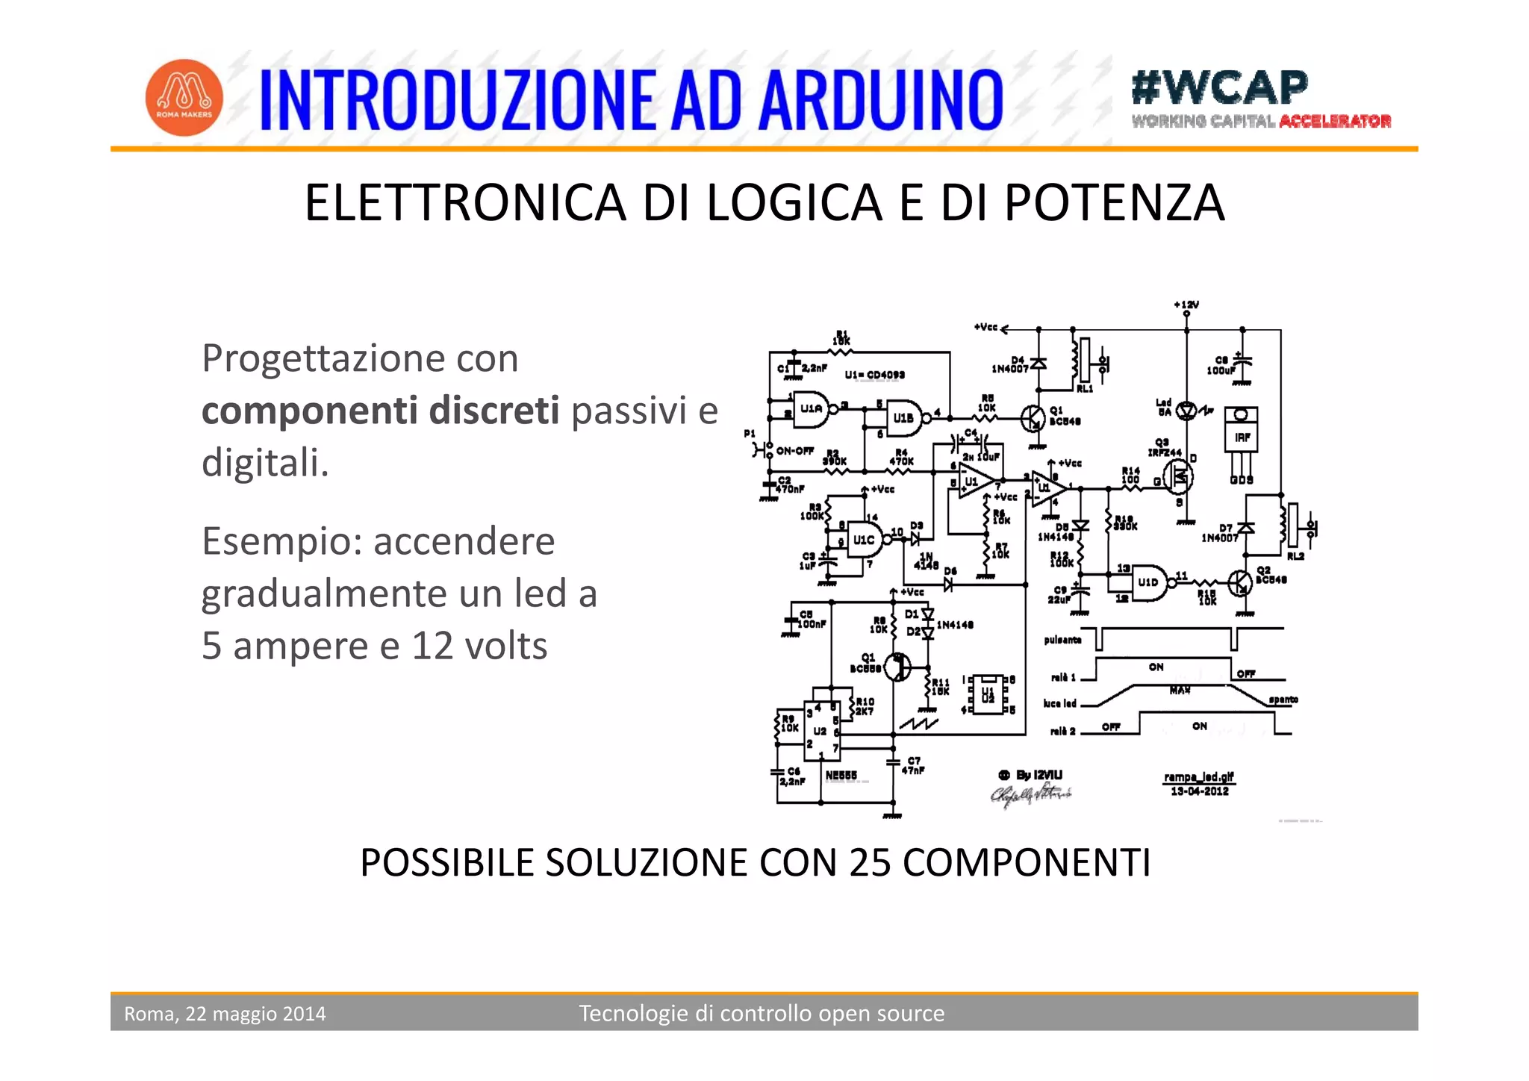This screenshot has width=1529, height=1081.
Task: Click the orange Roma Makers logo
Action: (184, 98)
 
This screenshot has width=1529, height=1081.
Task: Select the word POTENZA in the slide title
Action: (1114, 202)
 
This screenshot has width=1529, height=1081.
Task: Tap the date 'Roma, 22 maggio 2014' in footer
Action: (225, 1013)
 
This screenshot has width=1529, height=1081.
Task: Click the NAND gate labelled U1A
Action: (810, 409)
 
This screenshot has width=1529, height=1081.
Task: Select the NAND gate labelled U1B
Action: (903, 418)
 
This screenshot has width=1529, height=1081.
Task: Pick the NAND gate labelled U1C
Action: (864, 539)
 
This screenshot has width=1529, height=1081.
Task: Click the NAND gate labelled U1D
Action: (1147, 582)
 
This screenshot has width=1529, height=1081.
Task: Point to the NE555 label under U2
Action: (841, 776)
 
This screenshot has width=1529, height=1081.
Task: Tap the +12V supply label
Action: (1186, 305)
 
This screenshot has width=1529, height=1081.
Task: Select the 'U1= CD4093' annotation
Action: (874, 375)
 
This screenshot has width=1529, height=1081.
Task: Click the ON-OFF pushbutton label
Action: (794, 451)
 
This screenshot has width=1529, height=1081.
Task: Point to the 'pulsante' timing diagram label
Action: (1062, 640)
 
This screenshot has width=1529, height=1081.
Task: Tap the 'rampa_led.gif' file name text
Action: (1199, 777)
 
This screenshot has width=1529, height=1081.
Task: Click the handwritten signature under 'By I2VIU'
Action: (1030, 795)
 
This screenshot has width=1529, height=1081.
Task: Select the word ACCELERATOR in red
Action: (1335, 122)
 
